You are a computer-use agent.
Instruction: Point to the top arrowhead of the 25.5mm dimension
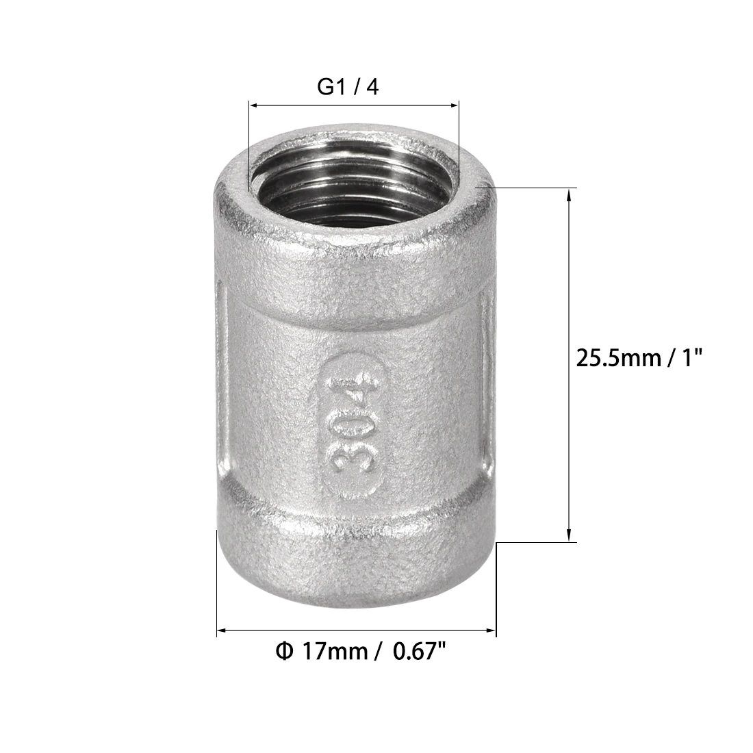point(569,194)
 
